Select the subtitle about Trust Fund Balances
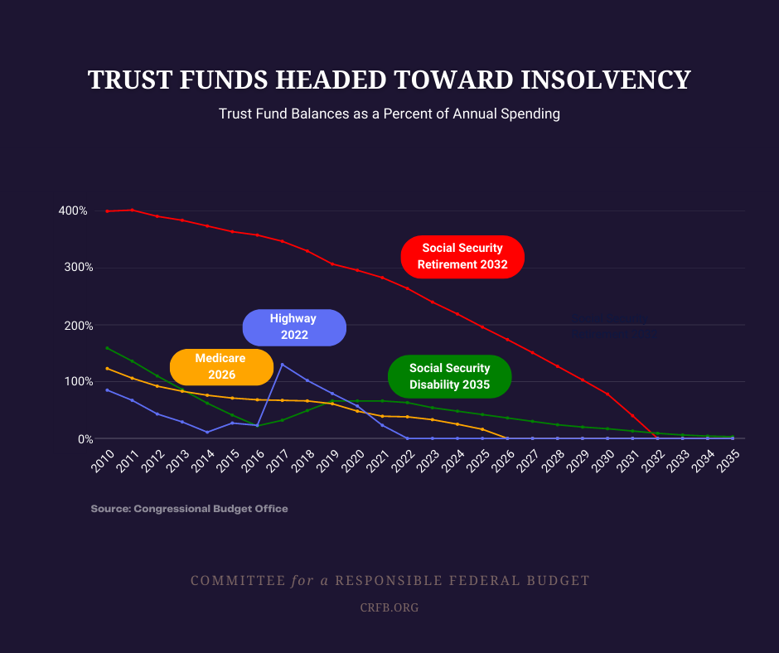389,114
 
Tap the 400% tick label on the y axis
73,210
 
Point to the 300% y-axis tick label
73,268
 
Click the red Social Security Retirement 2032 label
462,257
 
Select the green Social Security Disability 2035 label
449,376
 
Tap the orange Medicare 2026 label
221,366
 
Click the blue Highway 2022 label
293,327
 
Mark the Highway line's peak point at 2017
282,365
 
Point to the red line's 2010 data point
107,211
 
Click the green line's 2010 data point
107,348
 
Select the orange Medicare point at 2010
107,368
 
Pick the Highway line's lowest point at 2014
207,432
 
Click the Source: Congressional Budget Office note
189,509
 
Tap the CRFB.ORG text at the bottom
389,607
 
